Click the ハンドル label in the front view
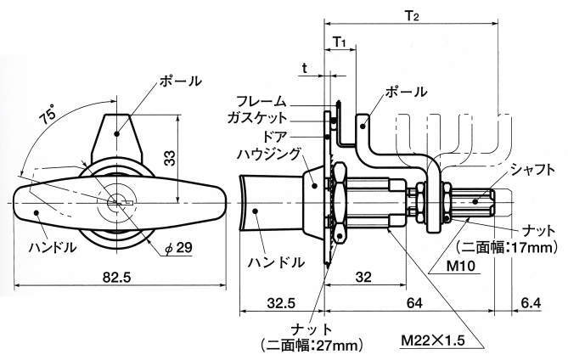[x=53, y=247]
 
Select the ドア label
[x=273, y=135]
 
